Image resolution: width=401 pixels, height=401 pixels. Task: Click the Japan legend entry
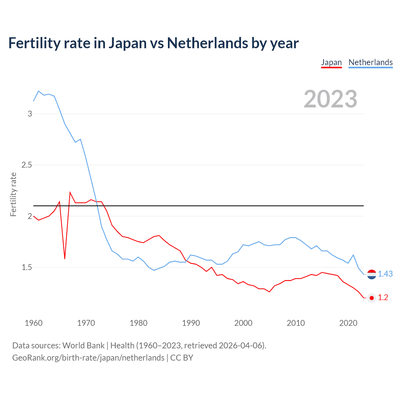[331, 62]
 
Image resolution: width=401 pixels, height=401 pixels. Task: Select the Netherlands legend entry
[370, 62]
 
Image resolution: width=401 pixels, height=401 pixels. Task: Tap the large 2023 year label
[330, 99]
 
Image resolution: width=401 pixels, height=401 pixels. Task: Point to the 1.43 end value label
[385, 274]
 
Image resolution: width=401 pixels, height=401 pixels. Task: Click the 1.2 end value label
[383, 298]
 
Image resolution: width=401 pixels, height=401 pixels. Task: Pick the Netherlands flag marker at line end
[372, 274]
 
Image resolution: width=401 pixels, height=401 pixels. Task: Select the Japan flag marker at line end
[372, 298]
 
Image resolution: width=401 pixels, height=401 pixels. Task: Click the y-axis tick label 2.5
[27, 165]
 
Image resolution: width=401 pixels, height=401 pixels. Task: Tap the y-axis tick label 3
[30, 114]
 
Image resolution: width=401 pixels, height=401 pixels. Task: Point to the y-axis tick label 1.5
[27, 267]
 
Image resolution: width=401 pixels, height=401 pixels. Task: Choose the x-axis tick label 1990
[191, 323]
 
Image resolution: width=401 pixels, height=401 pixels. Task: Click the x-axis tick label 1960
[34, 323]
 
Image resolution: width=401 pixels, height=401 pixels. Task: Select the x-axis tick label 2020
[348, 323]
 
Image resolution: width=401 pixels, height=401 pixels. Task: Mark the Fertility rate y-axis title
[13, 194]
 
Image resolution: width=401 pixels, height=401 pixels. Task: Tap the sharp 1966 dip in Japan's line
[65, 258]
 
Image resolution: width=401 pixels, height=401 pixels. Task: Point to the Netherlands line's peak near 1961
[39, 91]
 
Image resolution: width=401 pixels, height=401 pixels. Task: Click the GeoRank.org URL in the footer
[88, 358]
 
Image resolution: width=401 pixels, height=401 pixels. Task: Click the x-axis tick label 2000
[243, 323]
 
